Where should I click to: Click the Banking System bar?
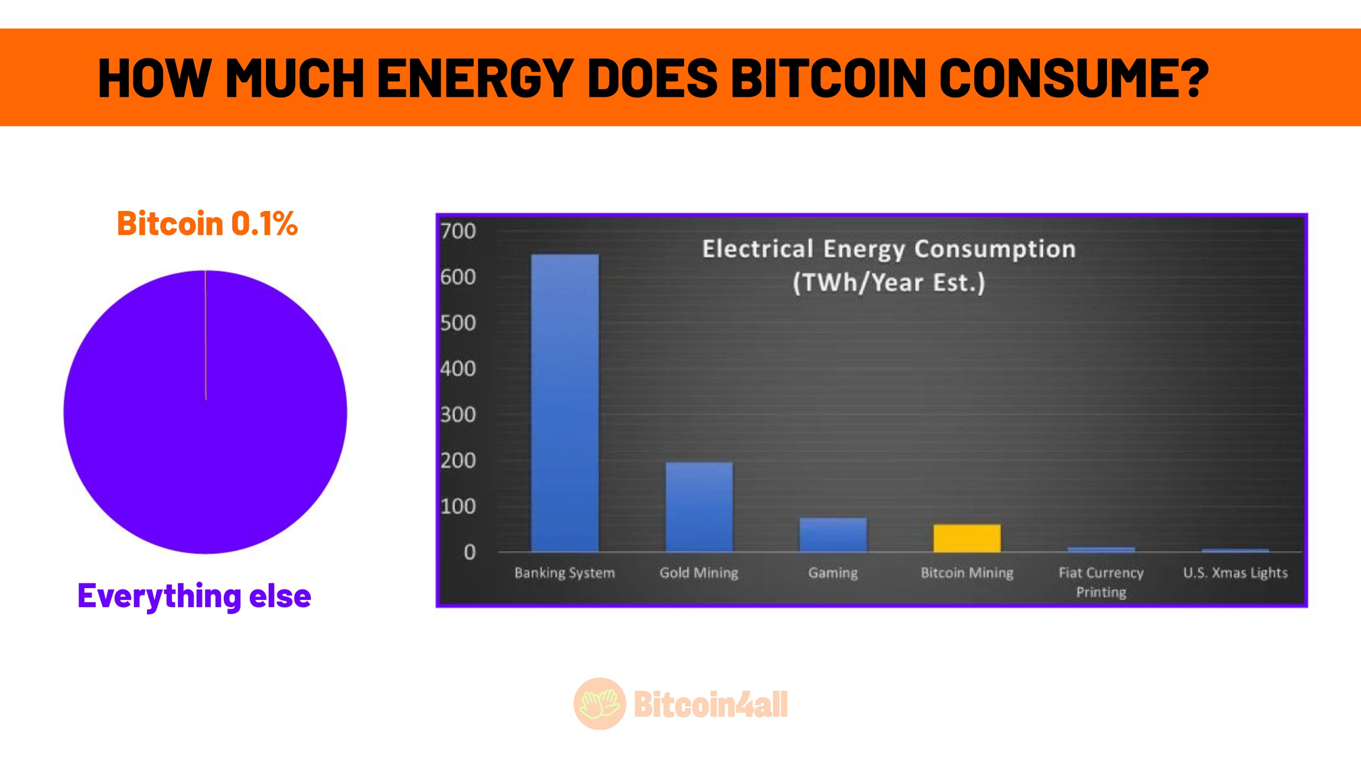coord(565,403)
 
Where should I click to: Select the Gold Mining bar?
coord(699,507)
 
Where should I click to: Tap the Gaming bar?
coord(833,535)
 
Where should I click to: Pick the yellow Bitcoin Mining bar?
coord(967,538)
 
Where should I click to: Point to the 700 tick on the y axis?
coord(458,231)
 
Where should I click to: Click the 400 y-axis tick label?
coord(458,369)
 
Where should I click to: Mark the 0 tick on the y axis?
coord(470,552)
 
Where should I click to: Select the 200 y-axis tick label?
coord(458,460)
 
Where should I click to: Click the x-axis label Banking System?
coord(565,573)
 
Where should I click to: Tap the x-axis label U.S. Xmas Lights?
coord(1235,573)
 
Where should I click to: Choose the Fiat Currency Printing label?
coord(1101,582)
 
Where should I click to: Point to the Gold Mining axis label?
coord(699,573)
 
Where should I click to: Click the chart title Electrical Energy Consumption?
coord(889,249)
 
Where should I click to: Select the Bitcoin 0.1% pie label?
coord(207,223)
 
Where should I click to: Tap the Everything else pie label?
coord(194,596)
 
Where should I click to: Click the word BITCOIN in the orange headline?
coord(829,77)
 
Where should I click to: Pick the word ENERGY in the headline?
coord(476,77)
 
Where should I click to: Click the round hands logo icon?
coord(600,703)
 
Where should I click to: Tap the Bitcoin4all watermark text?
coord(711,705)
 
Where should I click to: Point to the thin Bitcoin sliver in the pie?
coord(206,335)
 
